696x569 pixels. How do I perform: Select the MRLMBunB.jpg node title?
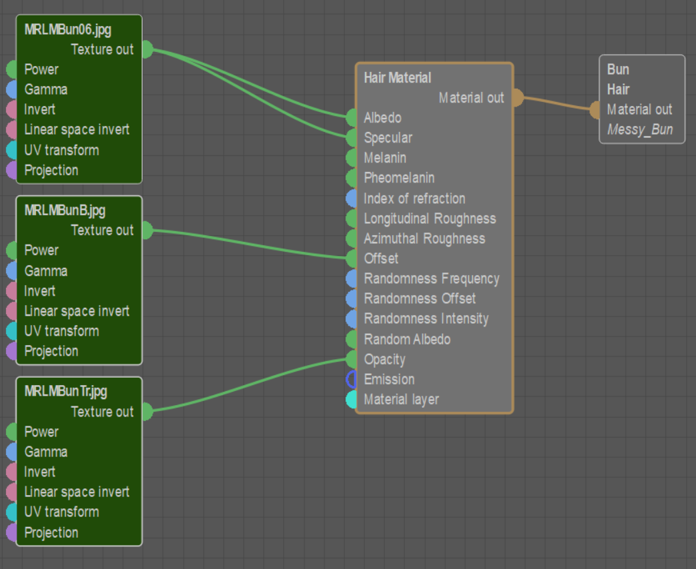point(65,211)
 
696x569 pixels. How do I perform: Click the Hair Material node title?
point(398,78)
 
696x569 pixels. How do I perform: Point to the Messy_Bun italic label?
point(639,130)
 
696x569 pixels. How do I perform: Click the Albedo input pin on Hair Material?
point(352,118)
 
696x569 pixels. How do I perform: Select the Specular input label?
point(388,138)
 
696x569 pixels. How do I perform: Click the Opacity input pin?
point(352,359)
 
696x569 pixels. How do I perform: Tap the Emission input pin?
point(352,379)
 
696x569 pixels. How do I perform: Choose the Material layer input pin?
point(352,400)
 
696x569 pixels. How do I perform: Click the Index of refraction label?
point(414,199)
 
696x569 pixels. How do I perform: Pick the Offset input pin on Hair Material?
point(352,259)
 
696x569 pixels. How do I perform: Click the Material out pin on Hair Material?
point(516,98)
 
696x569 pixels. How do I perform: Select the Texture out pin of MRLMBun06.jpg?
point(147,49)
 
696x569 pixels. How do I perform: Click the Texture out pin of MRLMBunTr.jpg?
point(147,412)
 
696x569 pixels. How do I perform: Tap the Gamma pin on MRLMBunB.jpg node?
point(11,271)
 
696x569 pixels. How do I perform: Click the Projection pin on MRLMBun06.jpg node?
point(11,170)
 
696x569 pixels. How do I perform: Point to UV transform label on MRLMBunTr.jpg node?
point(61,512)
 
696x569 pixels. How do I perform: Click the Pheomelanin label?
point(399,178)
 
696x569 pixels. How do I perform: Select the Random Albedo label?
point(407,339)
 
